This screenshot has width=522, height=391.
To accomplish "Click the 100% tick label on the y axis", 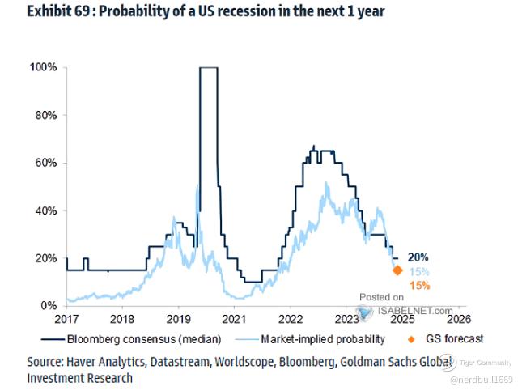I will pyautogui.click(x=43, y=68).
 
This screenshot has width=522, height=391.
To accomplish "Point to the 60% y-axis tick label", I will pyautogui.click(x=45, y=163).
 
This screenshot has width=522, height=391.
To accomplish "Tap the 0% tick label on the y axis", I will pyautogui.click(x=49, y=306).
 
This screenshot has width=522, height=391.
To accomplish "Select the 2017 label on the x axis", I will pyautogui.click(x=66, y=320).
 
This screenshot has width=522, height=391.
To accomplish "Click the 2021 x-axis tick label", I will pyautogui.click(x=234, y=320).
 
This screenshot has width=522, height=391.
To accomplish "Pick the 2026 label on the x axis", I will pyautogui.click(x=457, y=320).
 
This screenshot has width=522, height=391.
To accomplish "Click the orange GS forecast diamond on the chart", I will pyautogui.click(x=397, y=270).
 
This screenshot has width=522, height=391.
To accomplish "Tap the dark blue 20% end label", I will pyautogui.click(x=418, y=257).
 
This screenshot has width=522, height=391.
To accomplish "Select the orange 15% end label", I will pyautogui.click(x=419, y=286).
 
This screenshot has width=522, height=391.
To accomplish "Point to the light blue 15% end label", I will pyautogui.click(x=418, y=271).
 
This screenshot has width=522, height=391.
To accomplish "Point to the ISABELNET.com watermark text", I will pyautogui.click(x=408, y=310).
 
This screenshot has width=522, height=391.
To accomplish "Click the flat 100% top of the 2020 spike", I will pyautogui.click(x=208, y=68).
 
